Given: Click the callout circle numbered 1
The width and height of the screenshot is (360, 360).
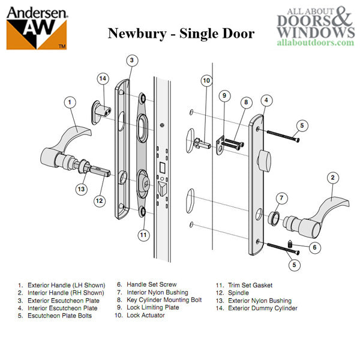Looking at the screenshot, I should [70, 103].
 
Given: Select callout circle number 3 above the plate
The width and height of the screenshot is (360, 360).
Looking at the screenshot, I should [133, 60].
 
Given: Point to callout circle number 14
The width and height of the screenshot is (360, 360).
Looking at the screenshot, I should [103, 78].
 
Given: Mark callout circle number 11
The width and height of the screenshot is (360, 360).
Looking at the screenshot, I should [142, 235].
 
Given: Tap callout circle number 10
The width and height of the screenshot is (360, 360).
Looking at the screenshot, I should [206, 80].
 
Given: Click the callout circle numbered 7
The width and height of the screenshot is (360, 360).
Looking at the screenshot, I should [280, 199].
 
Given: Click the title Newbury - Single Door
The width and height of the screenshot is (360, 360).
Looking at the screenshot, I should [180, 33].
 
